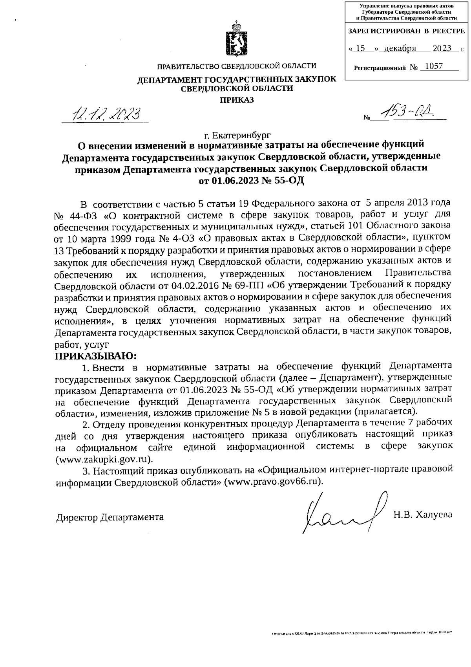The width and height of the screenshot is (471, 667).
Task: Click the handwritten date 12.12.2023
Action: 106,114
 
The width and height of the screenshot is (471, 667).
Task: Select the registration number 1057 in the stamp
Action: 434,66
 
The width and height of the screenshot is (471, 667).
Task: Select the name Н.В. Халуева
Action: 423,515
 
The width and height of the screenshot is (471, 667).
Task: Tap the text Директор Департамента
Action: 110,517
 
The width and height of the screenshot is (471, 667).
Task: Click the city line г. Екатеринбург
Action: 237,136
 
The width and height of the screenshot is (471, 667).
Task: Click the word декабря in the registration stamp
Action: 400,48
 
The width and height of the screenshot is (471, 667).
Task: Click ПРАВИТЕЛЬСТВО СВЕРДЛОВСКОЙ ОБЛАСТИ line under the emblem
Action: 236,66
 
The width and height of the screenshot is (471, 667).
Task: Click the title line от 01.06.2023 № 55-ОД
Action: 252,181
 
